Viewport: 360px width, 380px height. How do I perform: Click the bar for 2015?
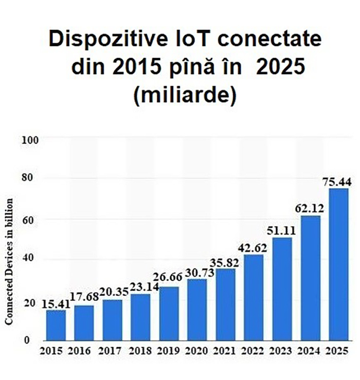[56, 325]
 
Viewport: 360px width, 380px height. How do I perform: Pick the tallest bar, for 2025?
[338, 265]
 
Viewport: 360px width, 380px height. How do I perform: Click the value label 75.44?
[335, 182]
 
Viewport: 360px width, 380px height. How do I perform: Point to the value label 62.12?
[307, 209]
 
